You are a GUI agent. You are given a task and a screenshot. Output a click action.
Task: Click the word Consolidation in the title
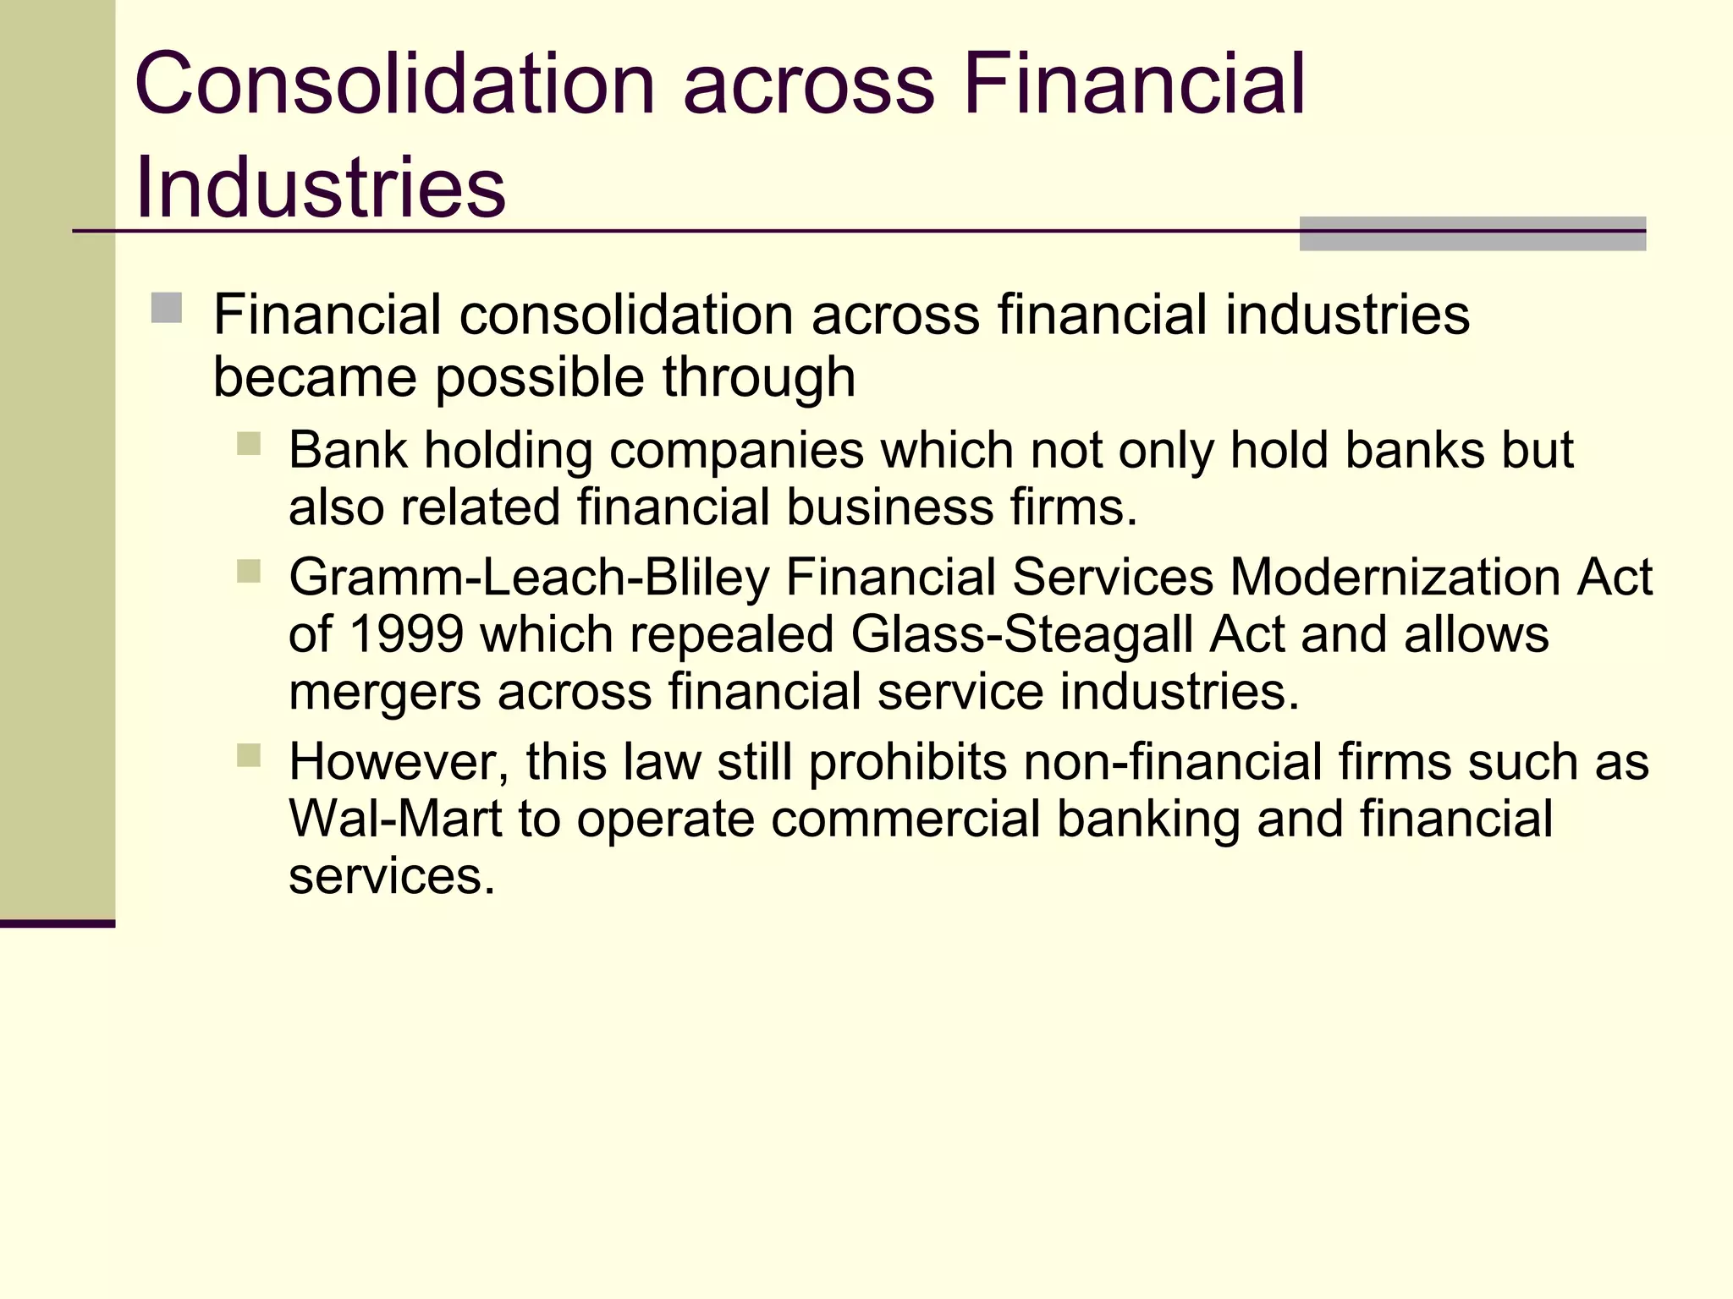tap(394, 85)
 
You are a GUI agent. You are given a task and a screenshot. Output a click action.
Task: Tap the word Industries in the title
tap(320, 188)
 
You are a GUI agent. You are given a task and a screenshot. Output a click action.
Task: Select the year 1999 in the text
tap(405, 634)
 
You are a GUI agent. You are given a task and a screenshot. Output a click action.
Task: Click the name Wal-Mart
tap(395, 819)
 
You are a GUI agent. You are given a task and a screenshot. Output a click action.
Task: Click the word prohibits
tap(907, 762)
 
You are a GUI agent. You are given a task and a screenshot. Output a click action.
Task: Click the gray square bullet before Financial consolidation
tap(167, 308)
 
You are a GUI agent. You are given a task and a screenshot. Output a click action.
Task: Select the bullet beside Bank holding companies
tap(249, 444)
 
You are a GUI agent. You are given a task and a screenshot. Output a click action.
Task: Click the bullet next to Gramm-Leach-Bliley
tap(249, 572)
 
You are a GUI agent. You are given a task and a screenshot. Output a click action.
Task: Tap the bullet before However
tap(249, 755)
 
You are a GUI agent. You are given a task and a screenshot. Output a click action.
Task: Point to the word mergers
tap(385, 692)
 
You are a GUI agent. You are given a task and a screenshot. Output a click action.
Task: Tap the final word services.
tap(391, 876)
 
